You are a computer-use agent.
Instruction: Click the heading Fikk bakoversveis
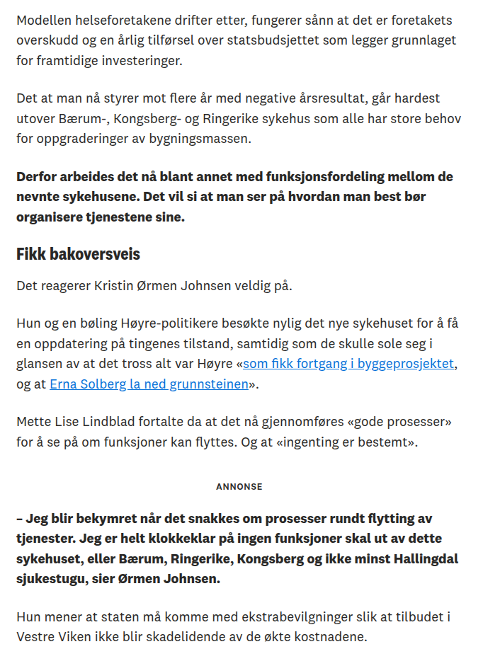(x=78, y=254)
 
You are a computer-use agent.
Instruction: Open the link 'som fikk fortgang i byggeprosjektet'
(x=348, y=364)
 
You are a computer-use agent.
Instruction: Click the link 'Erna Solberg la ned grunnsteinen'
(x=149, y=384)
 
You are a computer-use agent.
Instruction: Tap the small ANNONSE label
(x=239, y=487)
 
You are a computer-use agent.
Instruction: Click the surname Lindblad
(x=125, y=423)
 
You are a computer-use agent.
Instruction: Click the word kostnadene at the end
(x=332, y=636)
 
